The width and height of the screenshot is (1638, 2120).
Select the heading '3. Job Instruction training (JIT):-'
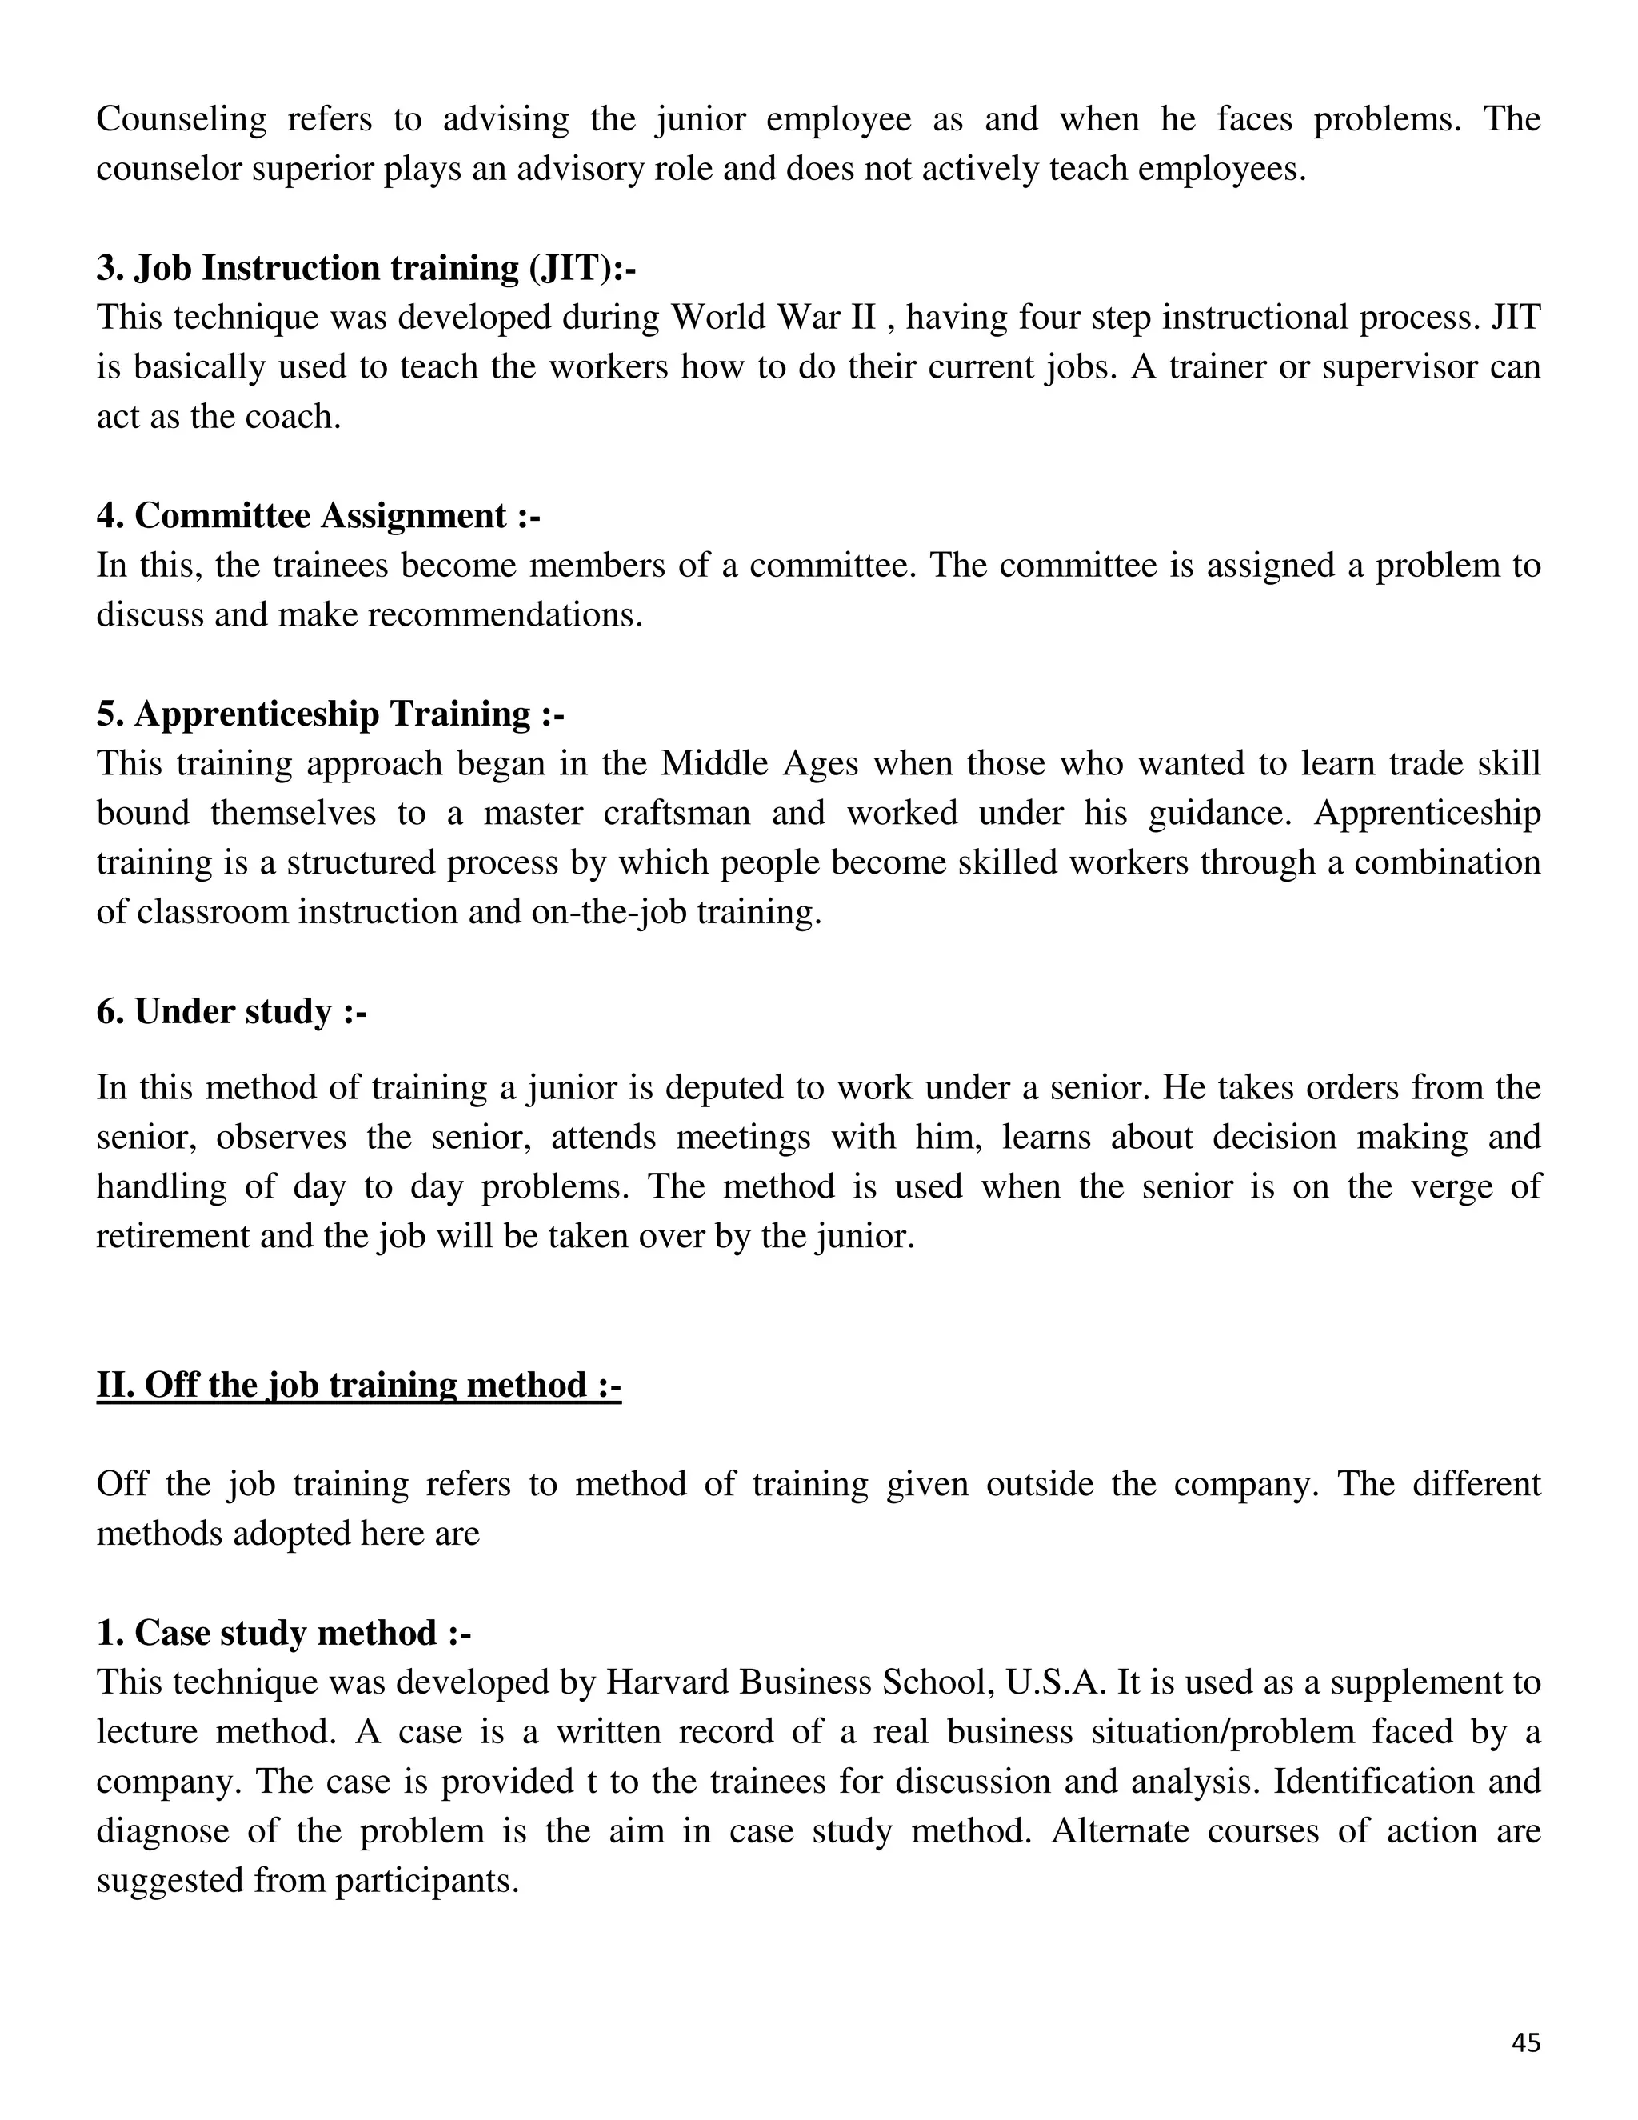366,268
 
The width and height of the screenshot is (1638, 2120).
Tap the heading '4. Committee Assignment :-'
318,515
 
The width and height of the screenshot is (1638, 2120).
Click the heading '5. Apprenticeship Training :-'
330,714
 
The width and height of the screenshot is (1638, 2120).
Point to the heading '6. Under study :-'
231,1011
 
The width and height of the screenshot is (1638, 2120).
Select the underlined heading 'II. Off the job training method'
358,1384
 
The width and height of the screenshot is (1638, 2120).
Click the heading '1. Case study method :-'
283,1633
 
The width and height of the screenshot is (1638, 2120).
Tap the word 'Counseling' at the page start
182,119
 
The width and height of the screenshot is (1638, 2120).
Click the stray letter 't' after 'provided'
591,1782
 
